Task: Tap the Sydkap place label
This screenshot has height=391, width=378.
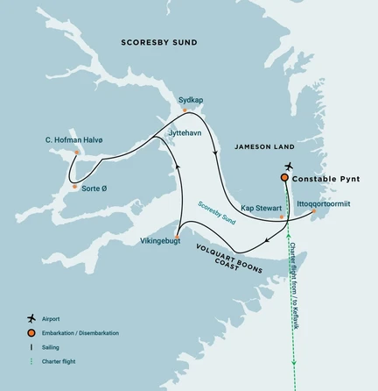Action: [x=191, y=100]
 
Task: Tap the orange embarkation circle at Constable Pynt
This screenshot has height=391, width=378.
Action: [x=284, y=178]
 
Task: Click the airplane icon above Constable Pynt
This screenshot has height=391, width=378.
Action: [x=288, y=166]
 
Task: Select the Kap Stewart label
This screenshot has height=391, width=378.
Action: [x=260, y=209]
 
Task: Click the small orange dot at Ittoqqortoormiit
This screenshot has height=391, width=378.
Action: [x=312, y=211]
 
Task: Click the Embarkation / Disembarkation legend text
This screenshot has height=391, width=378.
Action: [x=86, y=332]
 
